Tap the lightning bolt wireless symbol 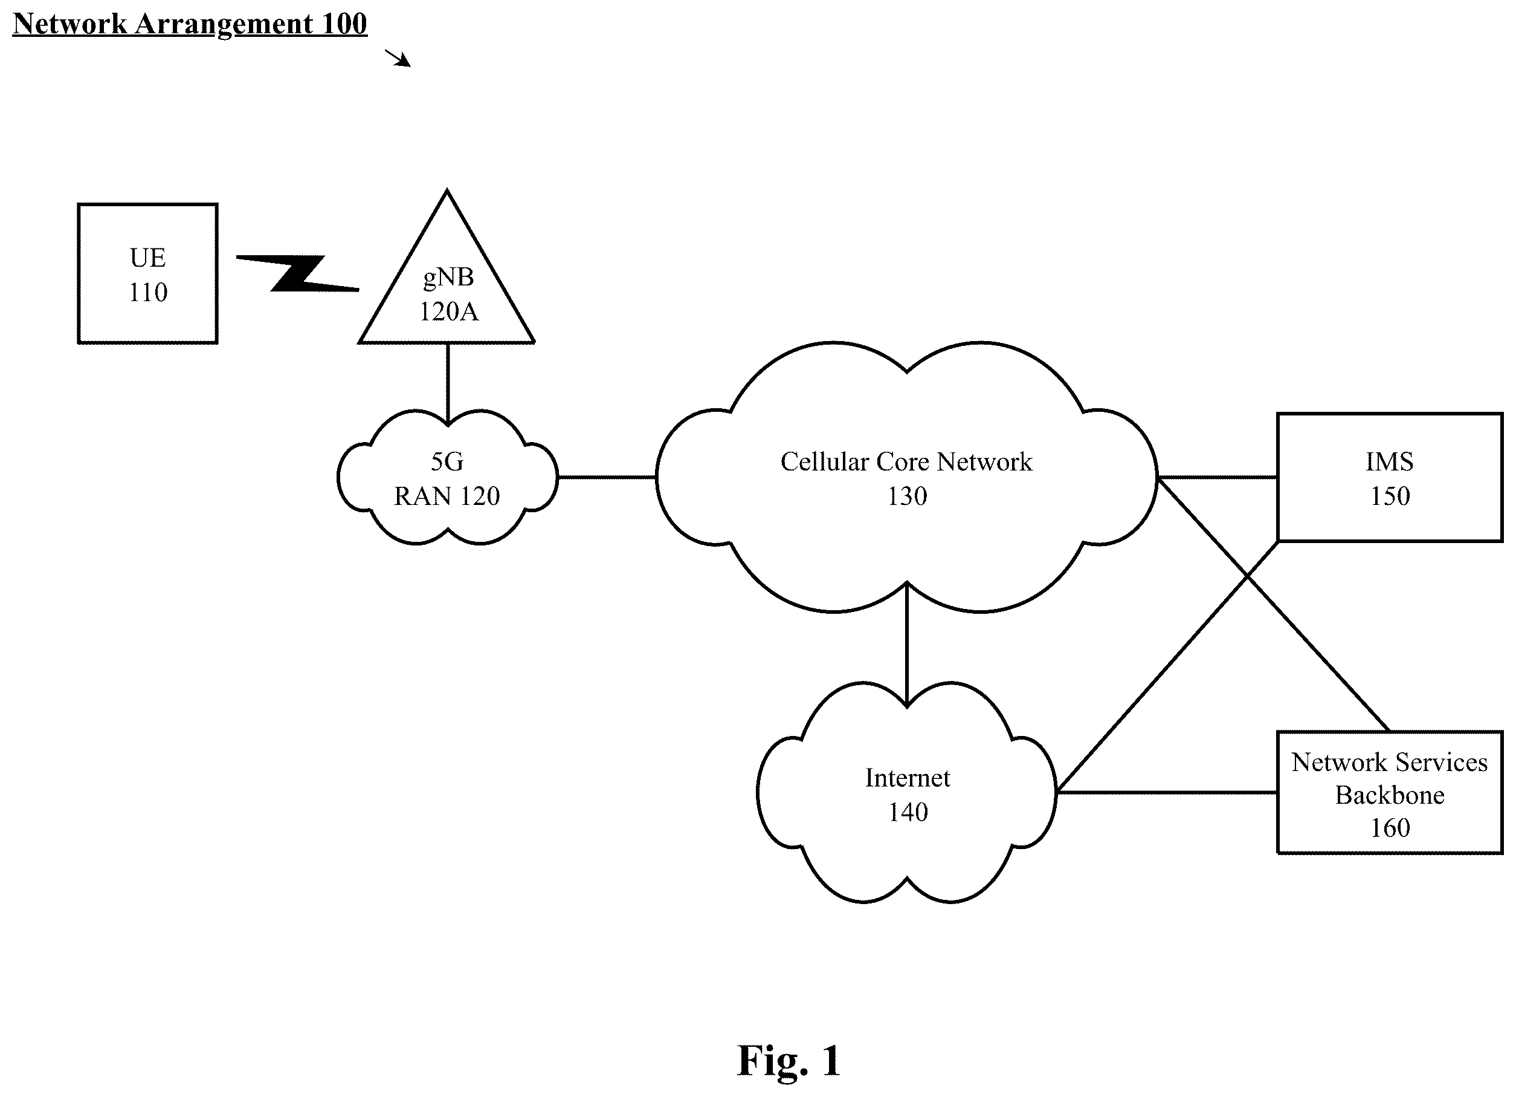297,273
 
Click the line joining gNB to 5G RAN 448,383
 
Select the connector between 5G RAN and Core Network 607,478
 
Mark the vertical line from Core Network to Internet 906,644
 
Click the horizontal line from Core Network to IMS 1218,478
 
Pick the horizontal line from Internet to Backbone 1166,793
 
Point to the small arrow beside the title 398,58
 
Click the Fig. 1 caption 788,1060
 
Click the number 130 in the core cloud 907,496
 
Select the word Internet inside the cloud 907,778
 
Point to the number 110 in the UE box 147,292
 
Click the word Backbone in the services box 1390,795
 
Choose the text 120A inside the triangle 448,311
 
